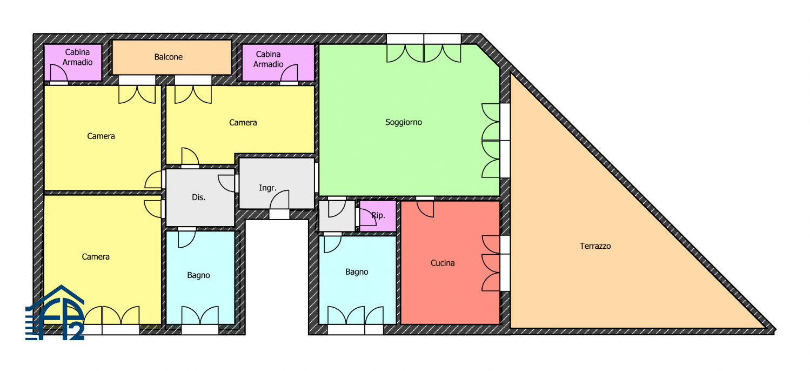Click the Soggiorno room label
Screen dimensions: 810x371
(404, 122)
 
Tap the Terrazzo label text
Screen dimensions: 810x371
(595, 246)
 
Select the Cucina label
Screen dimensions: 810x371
(443, 263)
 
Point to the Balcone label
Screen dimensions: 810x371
(168, 57)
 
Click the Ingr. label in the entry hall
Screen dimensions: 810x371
(267, 188)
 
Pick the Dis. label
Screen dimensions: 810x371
(198, 197)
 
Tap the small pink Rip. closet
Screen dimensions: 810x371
(378, 216)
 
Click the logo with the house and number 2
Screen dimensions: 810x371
(55, 313)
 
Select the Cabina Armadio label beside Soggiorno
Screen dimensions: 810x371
(268, 59)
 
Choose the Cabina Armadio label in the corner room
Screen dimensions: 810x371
(77, 57)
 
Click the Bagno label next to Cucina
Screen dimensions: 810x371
(357, 272)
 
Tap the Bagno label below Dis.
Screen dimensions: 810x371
(198, 275)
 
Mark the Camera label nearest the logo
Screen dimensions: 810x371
(96, 257)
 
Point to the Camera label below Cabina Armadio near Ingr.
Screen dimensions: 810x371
(243, 123)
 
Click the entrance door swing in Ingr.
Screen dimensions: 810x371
(279, 200)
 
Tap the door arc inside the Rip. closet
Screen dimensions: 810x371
(368, 217)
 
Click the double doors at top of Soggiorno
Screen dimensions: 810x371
(424, 53)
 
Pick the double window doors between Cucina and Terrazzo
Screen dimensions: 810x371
(491, 263)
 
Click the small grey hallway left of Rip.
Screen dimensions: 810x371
(337, 216)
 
